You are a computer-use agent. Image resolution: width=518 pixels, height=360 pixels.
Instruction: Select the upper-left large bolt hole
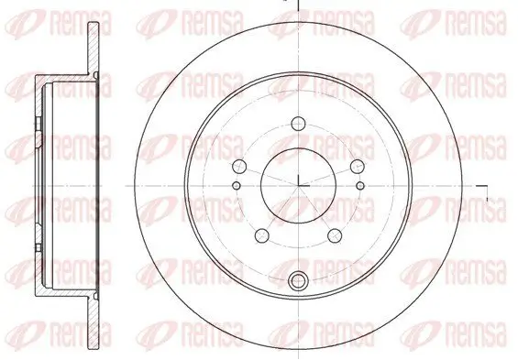click(240, 166)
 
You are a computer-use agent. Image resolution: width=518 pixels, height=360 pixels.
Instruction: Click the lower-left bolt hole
click(262, 233)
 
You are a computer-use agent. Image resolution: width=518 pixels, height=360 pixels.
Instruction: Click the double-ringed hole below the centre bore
click(298, 282)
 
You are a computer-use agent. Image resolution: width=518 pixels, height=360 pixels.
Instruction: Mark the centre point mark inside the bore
click(298, 181)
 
